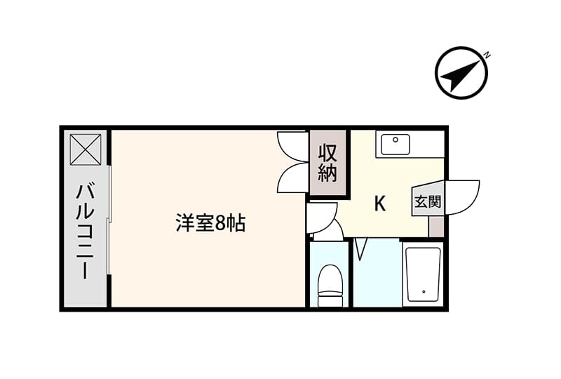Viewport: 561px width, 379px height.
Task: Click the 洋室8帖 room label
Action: click(x=211, y=223)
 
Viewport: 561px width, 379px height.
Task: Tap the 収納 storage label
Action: click(x=328, y=163)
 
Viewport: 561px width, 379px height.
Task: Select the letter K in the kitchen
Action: click(x=379, y=204)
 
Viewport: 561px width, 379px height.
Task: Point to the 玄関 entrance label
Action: click(x=428, y=202)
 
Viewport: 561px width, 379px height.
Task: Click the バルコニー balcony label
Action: click(x=85, y=232)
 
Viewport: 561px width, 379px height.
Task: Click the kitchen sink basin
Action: click(x=396, y=145)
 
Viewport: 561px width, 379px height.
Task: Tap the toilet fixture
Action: click(x=330, y=286)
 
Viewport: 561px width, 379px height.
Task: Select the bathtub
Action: click(x=424, y=274)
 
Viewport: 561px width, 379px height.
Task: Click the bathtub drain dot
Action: click(x=424, y=292)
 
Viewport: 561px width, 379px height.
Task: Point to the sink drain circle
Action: click(x=396, y=140)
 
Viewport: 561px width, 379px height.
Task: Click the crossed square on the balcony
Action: click(x=86, y=149)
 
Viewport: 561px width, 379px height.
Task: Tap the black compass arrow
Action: click(x=460, y=76)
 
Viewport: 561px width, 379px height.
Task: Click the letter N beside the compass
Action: click(x=487, y=55)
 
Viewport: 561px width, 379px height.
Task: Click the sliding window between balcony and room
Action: click(x=109, y=220)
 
